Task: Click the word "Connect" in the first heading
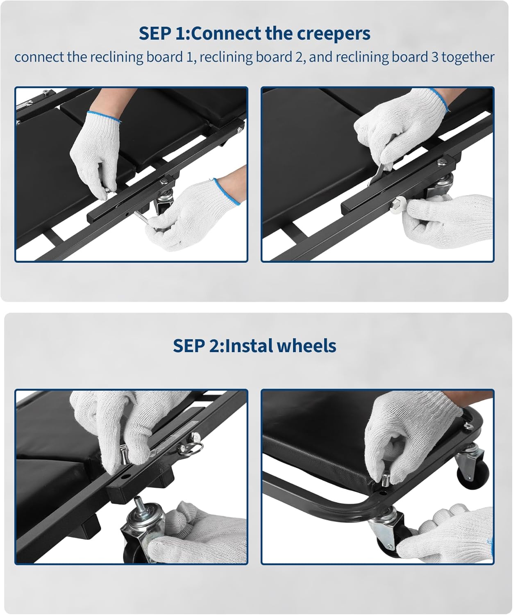227,34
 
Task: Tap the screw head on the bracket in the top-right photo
441,162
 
